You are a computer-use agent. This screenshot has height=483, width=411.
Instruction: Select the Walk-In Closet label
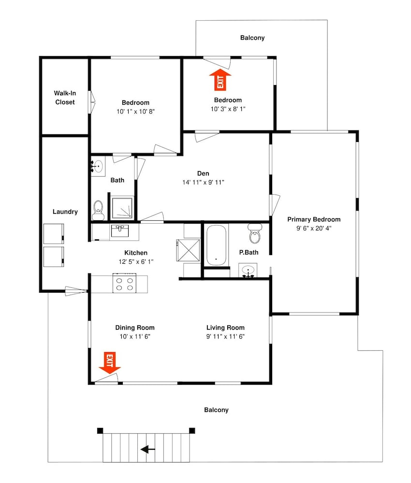(65, 98)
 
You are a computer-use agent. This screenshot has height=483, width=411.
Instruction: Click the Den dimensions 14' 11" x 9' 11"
(203, 183)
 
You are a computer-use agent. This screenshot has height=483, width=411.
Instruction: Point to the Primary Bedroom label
(314, 219)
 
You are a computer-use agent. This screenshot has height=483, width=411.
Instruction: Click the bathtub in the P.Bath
(216, 245)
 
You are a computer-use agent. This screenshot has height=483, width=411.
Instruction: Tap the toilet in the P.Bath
(255, 234)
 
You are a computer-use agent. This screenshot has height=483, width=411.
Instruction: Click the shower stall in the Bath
(122, 208)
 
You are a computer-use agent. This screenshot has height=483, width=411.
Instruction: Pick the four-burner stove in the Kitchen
(124, 283)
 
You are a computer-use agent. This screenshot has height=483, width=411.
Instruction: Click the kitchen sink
(120, 231)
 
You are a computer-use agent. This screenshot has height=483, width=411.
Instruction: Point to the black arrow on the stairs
(147, 449)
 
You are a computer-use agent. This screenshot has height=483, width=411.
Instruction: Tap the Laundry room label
(65, 212)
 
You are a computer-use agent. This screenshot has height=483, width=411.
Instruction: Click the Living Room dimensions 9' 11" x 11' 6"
(225, 336)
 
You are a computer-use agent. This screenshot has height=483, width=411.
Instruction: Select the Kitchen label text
(136, 253)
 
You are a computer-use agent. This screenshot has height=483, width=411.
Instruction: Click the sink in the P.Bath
(248, 271)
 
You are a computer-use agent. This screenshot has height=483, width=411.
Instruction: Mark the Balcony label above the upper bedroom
(252, 38)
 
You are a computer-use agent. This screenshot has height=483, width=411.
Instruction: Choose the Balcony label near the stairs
(216, 410)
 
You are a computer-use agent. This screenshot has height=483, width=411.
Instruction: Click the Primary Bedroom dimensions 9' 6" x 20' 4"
(314, 228)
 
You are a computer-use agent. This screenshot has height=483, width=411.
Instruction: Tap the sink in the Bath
(98, 166)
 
